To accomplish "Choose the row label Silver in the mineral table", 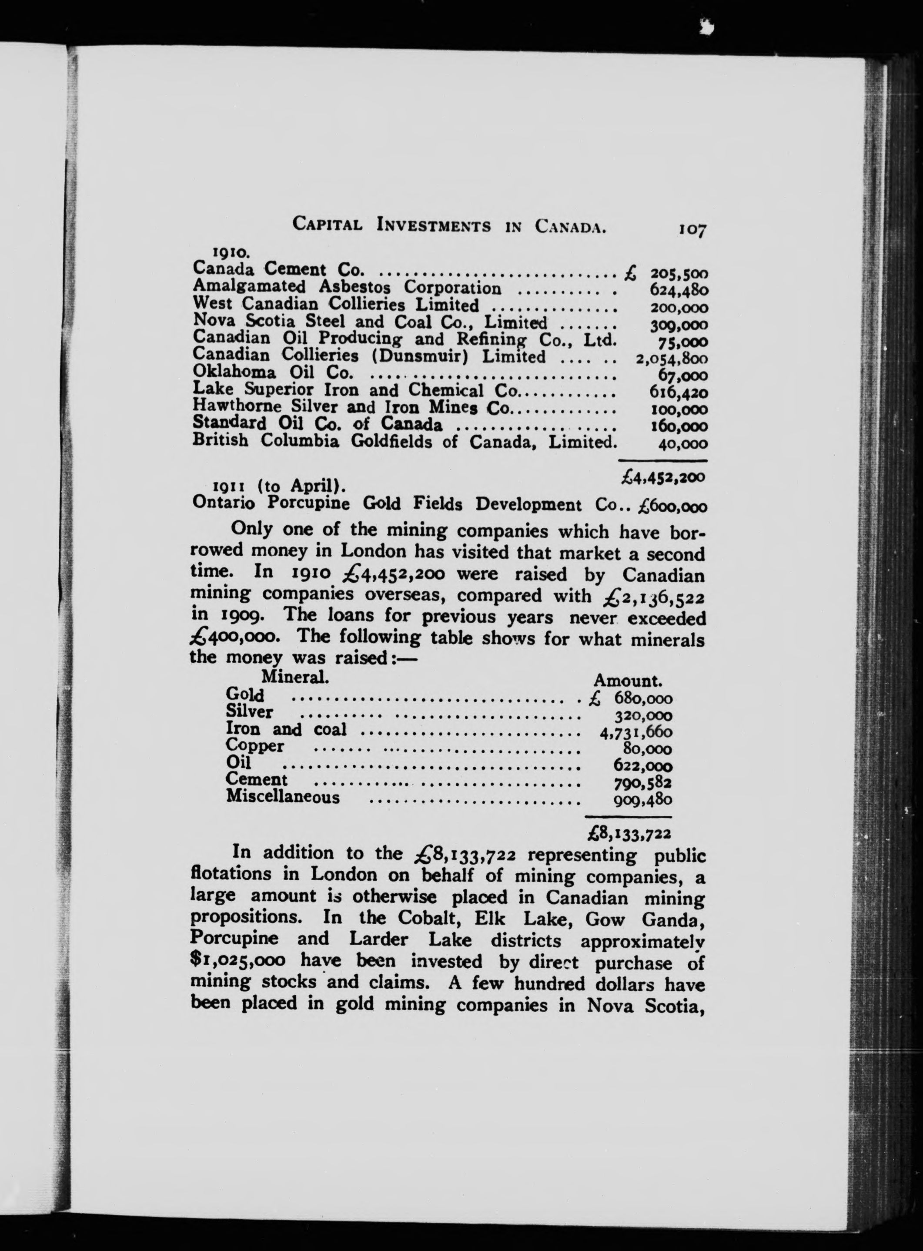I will click(249, 713).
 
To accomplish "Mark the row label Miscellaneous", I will click(283, 797).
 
